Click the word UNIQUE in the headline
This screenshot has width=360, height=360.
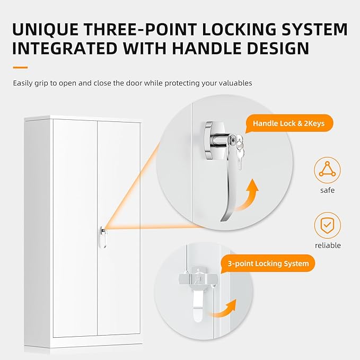point(46,29)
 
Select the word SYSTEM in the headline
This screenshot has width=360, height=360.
point(314,29)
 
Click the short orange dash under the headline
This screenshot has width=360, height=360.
point(20,67)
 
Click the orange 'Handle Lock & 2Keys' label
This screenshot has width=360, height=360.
point(289,124)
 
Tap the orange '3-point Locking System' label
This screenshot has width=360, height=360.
point(268,264)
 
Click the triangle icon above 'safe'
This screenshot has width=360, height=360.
point(328,170)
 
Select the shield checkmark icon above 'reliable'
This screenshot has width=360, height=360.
point(328,225)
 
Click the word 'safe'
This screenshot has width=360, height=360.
point(328,190)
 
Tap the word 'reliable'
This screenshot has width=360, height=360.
point(328,245)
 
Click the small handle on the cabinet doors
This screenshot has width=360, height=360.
point(103,237)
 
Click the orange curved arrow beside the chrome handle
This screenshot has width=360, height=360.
point(248,196)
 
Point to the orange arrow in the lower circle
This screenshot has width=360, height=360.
point(224,309)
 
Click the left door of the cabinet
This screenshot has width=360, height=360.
point(75,228)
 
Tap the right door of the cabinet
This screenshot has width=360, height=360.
point(119,228)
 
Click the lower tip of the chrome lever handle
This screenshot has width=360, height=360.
point(222,220)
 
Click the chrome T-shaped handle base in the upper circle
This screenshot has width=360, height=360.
point(213,141)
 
